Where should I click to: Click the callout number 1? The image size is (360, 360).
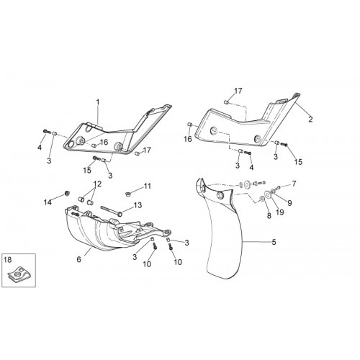98,102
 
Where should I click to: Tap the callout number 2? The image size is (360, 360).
310,120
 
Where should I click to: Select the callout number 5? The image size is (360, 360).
274,242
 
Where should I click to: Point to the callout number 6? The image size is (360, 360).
78,259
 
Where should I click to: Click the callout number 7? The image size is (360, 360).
294,184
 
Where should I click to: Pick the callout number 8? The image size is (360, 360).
269,216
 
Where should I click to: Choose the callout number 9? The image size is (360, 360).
289,203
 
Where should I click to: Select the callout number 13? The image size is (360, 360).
138,205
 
